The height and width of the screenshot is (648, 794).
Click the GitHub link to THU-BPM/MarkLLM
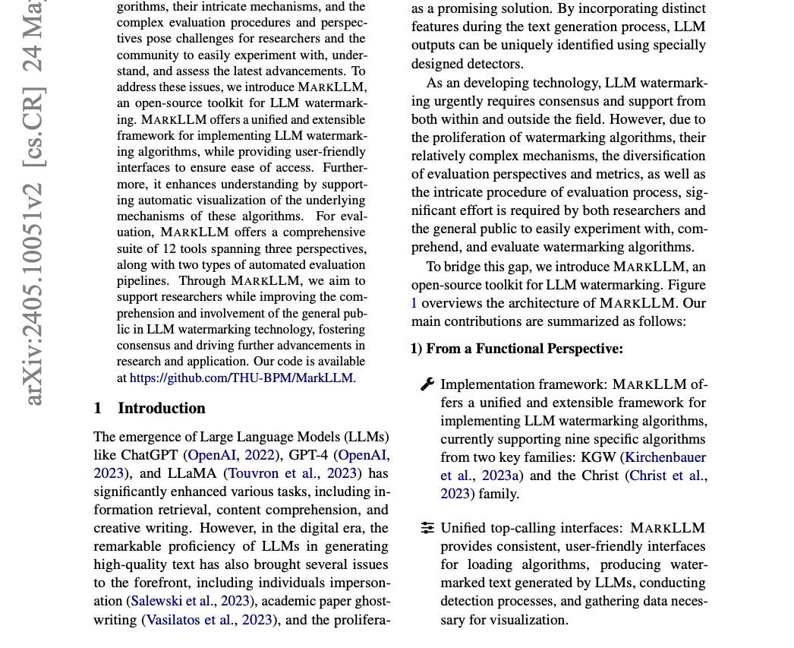[241, 378]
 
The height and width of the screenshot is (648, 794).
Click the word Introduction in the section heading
[161, 408]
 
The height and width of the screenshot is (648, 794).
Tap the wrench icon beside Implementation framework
[427, 384]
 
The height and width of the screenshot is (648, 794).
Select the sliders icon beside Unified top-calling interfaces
[427, 528]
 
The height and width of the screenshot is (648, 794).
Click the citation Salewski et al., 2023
[191, 601]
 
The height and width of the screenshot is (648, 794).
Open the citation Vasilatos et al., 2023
[209, 619]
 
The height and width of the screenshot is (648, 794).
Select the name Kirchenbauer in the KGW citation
[665, 457]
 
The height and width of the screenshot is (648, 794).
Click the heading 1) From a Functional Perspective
[517, 349]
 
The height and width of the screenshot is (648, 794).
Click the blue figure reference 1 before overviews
[414, 303]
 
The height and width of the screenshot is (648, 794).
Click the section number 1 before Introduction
[98, 408]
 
